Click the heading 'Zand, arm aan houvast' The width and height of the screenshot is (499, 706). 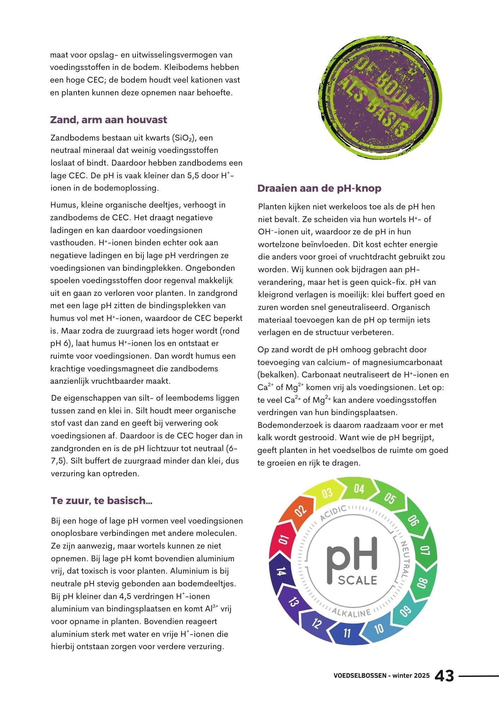pyautogui.click(x=108, y=120)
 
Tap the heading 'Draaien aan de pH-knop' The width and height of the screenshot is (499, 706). pyautogui.click(x=319, y=188)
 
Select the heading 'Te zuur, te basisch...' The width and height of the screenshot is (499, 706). pyautogui.click(x=101, y=500)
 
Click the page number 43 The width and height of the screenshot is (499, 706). pyautogui.click(x=444, y=676)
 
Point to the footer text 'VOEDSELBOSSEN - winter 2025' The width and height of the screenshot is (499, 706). pyautogui.click(x=381, y=676)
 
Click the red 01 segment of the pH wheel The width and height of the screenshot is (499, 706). pyautogui.click(x=284, y=540)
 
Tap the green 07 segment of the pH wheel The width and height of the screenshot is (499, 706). pyautogui.click(x=425, y=551)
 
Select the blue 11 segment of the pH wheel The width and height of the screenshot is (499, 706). pyautogui.click(x=347, y=633)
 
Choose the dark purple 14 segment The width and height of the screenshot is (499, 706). pyautogui.click(x=281, y=572)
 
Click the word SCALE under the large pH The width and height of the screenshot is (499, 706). pyautogui.click(x=357, y=580)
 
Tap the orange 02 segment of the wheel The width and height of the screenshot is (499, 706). pyautogui.click(x=300, y=511)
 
